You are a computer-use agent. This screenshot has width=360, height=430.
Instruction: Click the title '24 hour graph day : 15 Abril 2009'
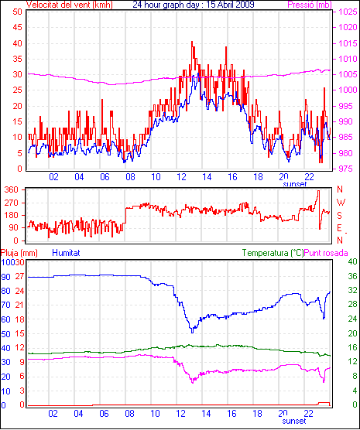(194, 5)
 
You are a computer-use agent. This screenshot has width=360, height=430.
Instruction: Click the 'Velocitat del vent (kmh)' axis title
(70, 5)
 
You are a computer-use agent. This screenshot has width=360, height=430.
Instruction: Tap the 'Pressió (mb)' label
(310, 5)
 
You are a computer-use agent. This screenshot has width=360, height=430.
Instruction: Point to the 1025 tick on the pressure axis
(348, 12)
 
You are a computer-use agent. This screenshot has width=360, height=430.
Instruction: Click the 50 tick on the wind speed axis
(17, 12)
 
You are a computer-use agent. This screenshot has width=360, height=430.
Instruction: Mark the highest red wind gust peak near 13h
(192, 42)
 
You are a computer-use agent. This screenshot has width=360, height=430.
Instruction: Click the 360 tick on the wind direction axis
(12, 189)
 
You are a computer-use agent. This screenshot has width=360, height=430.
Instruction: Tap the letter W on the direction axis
(341, 203)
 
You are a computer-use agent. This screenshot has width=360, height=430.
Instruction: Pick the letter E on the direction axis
(339, 228)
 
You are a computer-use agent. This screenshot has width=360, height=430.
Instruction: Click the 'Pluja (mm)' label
(19, 253)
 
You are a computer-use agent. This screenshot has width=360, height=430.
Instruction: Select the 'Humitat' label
(66, 253)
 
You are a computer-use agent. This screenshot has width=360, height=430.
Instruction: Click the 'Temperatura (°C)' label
(273, 253)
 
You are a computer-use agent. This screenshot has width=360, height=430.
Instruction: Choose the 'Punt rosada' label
(326, 253)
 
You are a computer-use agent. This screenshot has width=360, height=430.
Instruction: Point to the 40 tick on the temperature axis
(352, 261)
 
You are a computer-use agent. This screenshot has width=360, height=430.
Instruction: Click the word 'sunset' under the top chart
(295, 184)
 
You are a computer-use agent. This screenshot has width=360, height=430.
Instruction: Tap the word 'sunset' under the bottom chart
(294, 421)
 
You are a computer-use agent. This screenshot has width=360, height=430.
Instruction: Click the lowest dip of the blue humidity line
(192, 332)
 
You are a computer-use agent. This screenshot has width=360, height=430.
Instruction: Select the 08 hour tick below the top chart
(130, 177)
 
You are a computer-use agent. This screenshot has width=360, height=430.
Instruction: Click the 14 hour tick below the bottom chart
(206, 413)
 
